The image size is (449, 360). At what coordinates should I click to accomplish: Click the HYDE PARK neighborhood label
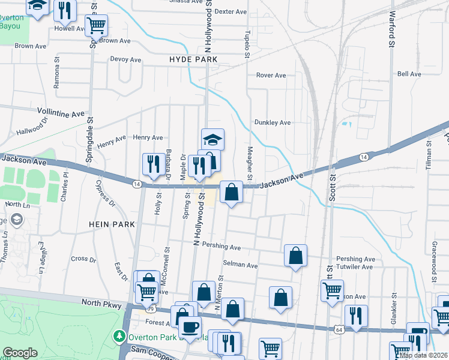click(193, 60)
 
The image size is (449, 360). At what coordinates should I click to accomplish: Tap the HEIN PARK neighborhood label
click(110, 224)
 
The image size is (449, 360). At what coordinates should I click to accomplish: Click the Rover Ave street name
click(271, 76)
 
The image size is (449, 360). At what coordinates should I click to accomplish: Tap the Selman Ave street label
click(240, 265)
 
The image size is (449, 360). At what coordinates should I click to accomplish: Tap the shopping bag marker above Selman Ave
click(295, 256)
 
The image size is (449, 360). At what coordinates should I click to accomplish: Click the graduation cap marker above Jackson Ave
click(212, 140)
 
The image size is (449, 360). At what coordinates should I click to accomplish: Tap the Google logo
click(20, 353)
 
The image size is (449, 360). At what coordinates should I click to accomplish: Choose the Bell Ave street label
click(409, 74)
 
